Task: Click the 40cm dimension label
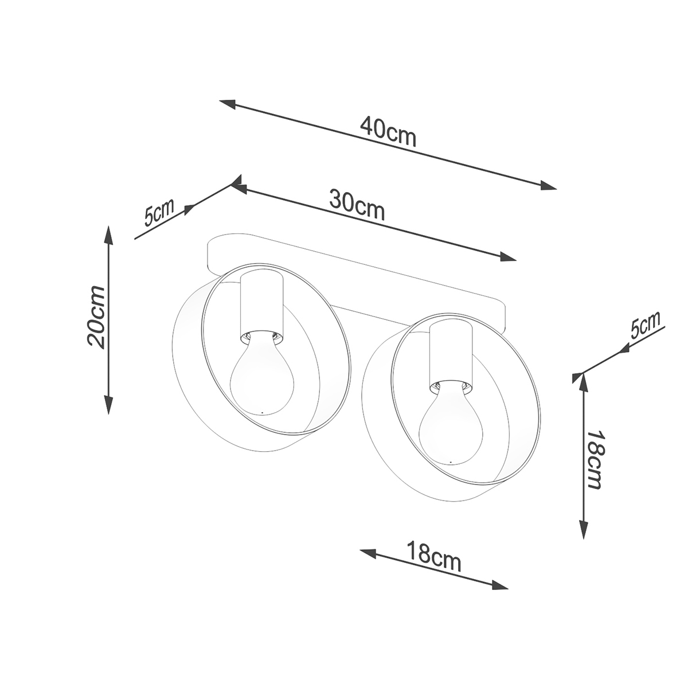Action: (388, 132)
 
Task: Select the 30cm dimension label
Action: (357, 205)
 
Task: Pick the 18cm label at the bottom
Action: (434, 566)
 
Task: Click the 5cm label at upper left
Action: (159, 213)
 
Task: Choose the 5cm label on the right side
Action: (645, 326)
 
